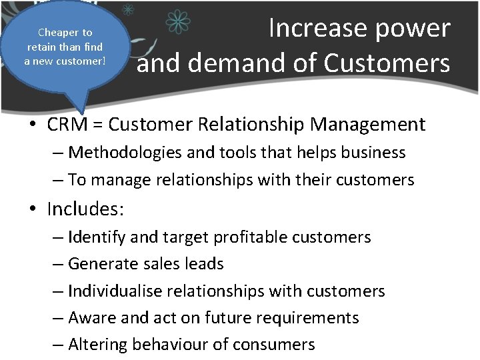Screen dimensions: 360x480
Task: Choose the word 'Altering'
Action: pos(98,345)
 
